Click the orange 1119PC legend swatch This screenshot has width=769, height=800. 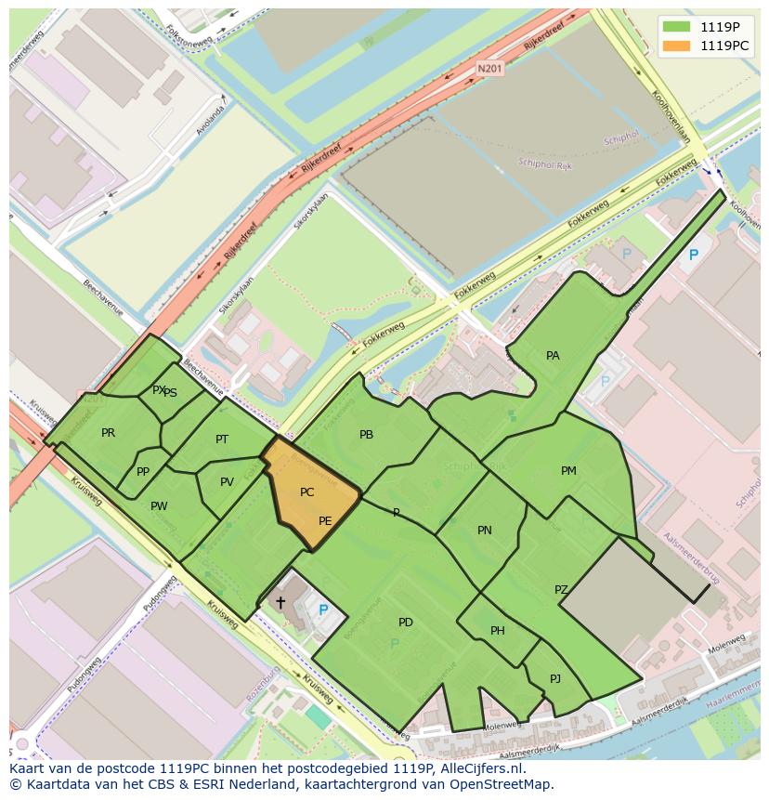[676, 45]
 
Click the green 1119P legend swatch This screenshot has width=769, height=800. [676, 26]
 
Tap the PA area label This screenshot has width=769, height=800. [553, 356]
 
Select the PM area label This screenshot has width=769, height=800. [568, 471]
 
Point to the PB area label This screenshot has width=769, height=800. [366, 435]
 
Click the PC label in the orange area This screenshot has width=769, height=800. [307, 492]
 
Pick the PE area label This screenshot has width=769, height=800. [325, 521]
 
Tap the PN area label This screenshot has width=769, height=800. [484, 531]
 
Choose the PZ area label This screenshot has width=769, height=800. [561, 590]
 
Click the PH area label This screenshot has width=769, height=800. [498, 631]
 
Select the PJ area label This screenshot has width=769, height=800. [555, 678]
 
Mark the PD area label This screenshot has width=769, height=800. [406, 622]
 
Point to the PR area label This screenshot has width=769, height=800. [109, 433]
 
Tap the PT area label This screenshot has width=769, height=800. [222, 439]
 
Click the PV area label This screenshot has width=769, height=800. [227, 482]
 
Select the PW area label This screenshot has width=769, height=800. [159, 506]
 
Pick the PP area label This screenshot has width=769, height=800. [143, 472]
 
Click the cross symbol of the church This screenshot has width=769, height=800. [280, 602]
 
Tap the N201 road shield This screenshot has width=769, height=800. [489, 69]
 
